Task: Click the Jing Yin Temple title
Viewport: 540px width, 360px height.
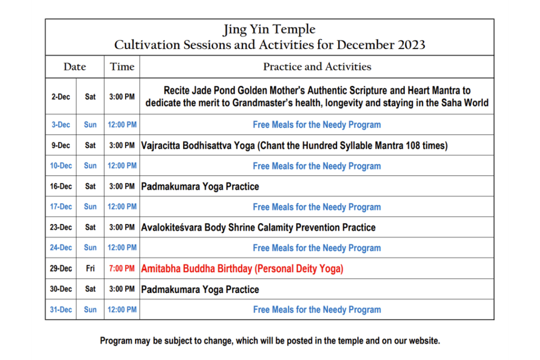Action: tap(269, 30)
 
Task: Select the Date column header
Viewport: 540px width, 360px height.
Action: tap(75, 66)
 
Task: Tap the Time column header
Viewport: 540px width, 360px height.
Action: tap(122, 66)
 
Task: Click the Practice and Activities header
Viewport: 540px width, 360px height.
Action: tap(317, 66)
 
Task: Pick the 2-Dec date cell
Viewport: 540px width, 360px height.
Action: tap(61, 96)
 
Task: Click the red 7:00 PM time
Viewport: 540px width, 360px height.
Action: tap(122, 268)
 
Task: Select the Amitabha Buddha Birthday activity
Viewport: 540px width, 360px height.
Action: tap(242, 268)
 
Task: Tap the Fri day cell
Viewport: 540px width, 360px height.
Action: tap(90, 268)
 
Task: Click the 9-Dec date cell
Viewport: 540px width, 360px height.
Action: tap(61, 145)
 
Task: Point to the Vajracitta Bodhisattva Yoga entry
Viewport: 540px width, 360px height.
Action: tap(294, 145)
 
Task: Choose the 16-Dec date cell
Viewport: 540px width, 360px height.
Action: tap(61, 186)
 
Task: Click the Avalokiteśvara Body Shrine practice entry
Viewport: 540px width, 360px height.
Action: tap(258, 228)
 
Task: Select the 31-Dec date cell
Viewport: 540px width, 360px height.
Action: tap(61, 309)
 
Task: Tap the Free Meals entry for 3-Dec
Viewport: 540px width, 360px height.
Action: tap(317, 124)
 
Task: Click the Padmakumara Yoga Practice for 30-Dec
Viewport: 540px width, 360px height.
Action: tap(200, 289)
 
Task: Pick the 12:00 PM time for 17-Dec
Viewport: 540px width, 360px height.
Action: tap(122, 207)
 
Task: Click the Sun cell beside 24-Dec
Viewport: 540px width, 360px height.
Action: tap(90, 247)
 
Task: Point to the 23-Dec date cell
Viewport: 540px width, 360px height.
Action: tap(61, 227)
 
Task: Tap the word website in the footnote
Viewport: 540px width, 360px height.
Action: tap(425, 340)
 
